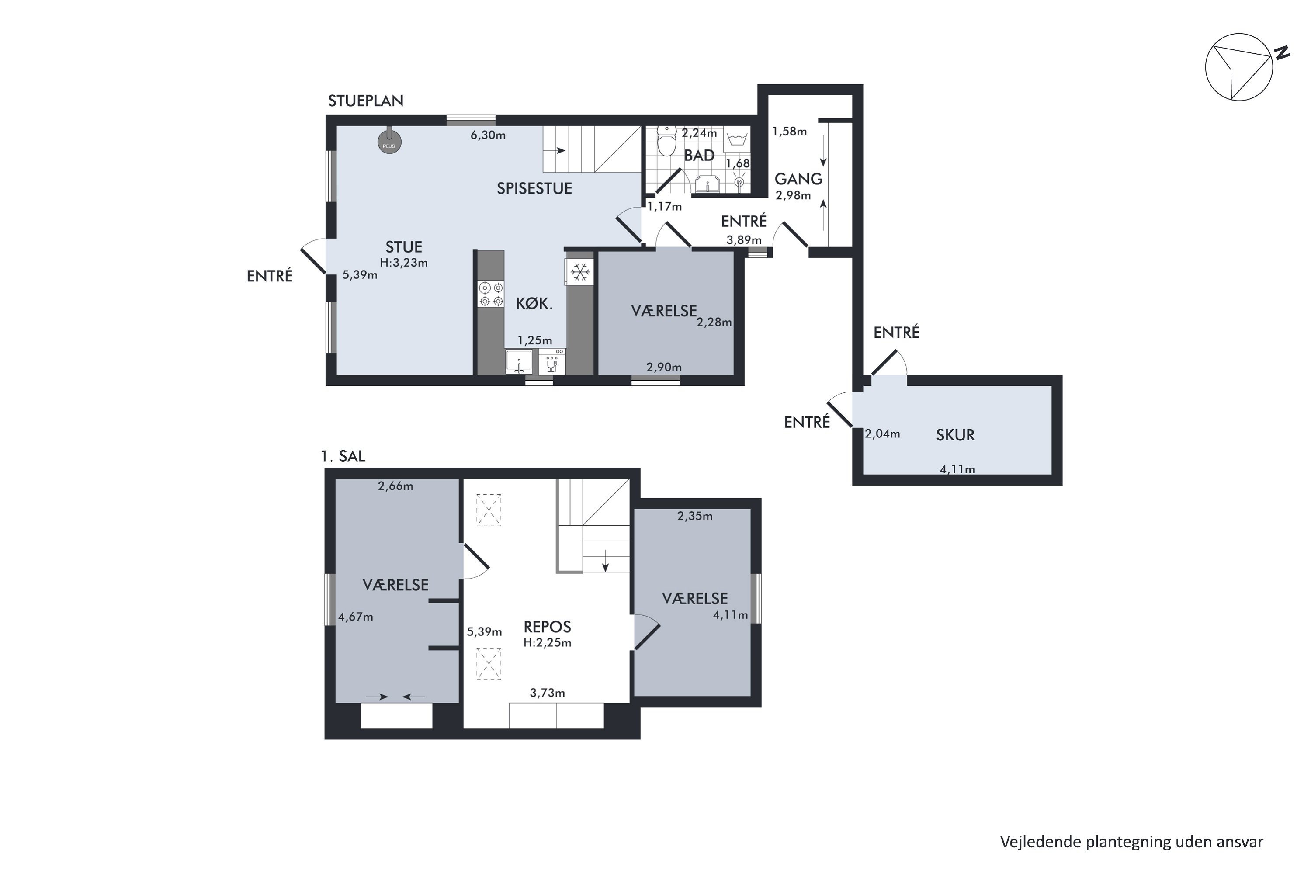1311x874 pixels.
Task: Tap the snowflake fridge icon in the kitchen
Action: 580,272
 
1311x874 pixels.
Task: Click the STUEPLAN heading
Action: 366,101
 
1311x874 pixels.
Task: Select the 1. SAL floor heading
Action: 343,457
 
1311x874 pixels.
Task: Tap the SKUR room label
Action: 955,435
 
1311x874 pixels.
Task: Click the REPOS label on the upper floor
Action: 548,627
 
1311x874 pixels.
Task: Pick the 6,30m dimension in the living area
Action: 488,135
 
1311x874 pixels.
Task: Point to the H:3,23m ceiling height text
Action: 404,263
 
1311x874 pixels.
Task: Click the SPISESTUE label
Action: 534,188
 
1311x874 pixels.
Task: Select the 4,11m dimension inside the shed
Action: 957,469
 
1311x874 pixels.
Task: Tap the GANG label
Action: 799,179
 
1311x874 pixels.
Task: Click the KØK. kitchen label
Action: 534,304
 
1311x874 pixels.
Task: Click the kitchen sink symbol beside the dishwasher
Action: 519,362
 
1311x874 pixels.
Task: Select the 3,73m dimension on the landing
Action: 548,693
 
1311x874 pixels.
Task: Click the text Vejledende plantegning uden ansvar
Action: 1131,842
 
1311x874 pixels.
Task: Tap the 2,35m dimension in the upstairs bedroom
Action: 695,516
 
